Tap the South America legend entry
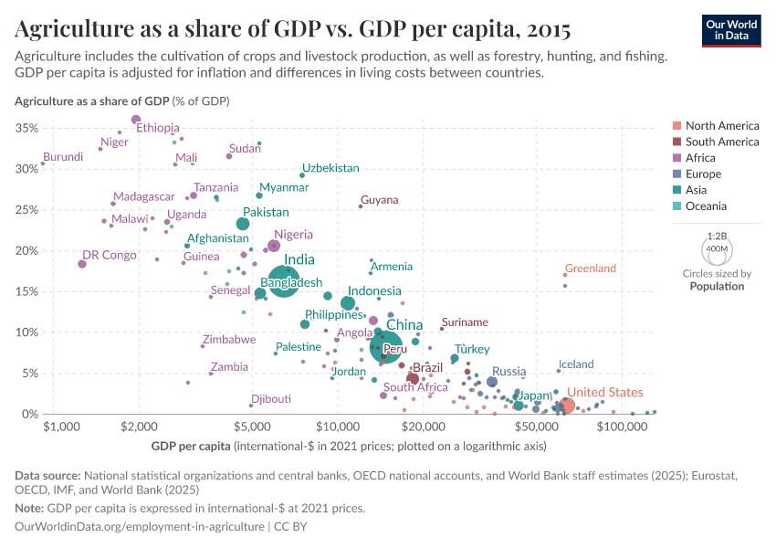point(721,142)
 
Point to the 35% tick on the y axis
point(27,128)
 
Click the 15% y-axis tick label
point(27,291)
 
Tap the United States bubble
point(567,406)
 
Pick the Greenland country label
point(591,269)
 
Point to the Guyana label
point(379,200)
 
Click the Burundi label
point(63,157)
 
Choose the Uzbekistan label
point(330,168)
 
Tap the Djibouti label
point(272,399)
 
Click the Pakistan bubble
point(243,224)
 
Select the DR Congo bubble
point(82,264)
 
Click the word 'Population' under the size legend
point(717,286)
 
